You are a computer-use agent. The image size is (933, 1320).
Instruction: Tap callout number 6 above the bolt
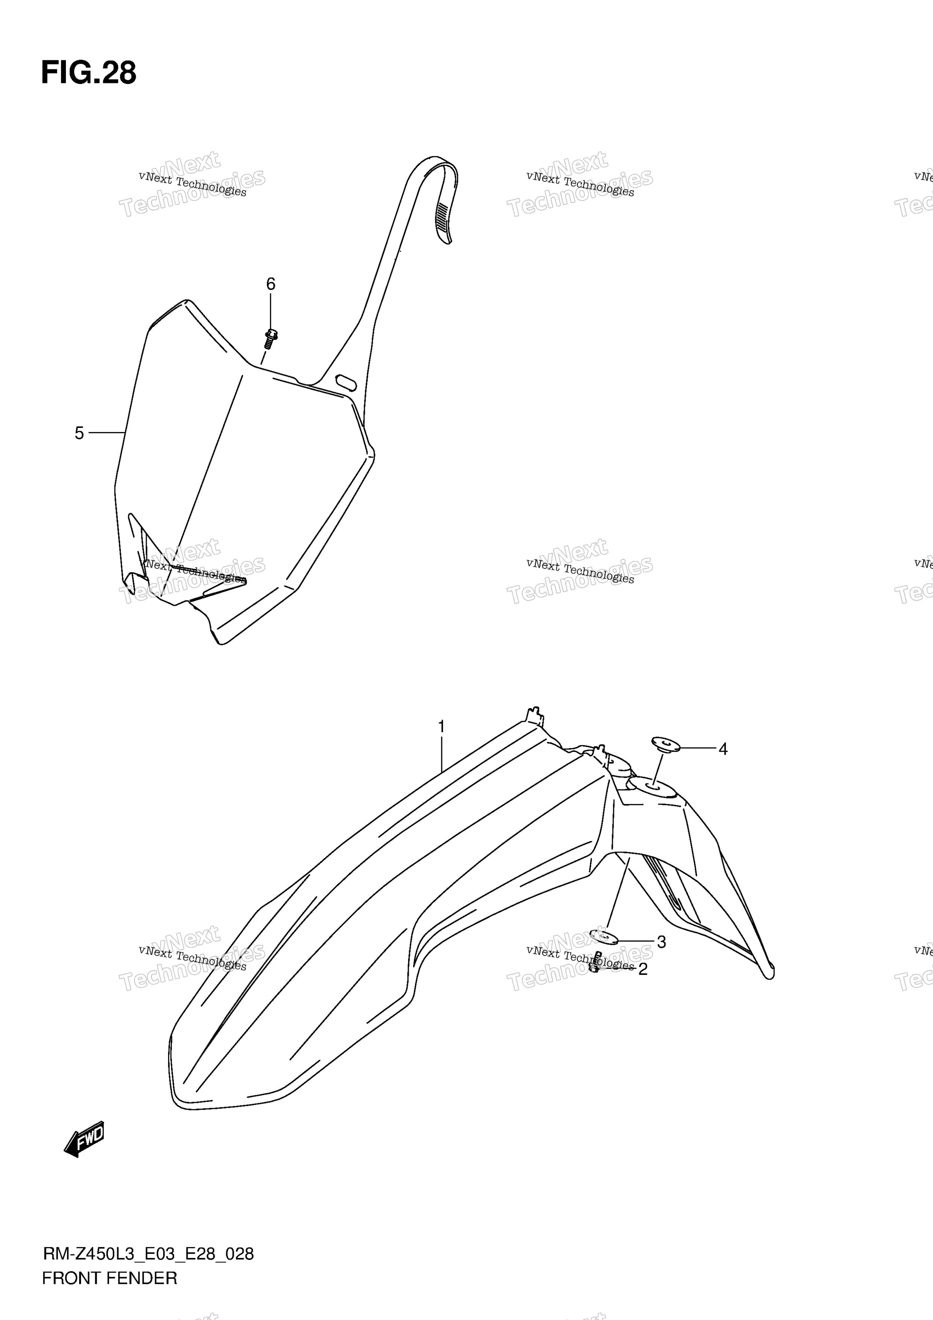click(270, 284)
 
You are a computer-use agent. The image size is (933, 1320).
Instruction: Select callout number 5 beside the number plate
click(79, 433)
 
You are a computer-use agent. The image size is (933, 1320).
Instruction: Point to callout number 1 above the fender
click(442, 727)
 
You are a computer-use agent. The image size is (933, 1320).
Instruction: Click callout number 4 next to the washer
click(723, 749)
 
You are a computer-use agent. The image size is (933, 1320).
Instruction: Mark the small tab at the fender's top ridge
click(535, 713)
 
